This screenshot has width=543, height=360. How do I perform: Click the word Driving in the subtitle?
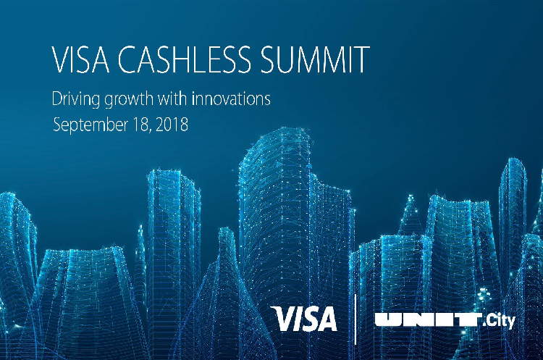click(76, 99)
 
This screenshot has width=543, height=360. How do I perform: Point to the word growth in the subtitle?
click(128, 99)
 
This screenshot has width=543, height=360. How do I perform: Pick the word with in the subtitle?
click(172, 99)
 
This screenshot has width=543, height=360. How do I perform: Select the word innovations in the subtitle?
click(231, 99)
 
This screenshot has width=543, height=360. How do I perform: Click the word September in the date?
click(90, 125)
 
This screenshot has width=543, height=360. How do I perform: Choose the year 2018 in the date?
click(172, 125)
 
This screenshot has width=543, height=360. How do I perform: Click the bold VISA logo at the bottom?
click(304, 319)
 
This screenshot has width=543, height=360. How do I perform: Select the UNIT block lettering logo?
click(429, 320)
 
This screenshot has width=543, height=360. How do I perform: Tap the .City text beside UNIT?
click(499, 321)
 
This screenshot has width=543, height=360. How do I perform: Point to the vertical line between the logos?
click(355, 319)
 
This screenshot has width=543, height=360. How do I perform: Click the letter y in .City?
click(511, 322)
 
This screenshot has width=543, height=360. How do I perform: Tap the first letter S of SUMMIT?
click(269, 59)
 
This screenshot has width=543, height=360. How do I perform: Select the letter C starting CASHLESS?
click(129, 59)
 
